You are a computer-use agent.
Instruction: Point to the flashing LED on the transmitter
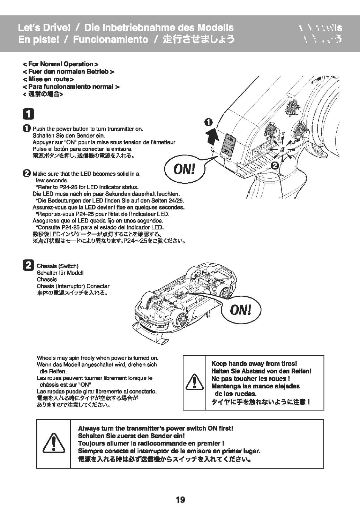coord(282,150)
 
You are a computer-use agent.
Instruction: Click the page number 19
coord(180,500)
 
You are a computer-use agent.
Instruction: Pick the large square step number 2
coord(28,266)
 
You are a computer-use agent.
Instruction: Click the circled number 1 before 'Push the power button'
coord(27,129)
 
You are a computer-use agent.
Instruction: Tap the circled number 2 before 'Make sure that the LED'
coord(27,173)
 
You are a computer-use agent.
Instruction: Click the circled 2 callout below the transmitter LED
coord(275,166)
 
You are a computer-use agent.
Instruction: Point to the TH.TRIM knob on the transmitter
coord(301,132)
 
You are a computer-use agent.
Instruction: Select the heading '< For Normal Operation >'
coord(60,64)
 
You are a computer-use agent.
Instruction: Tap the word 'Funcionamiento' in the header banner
coord(111,39)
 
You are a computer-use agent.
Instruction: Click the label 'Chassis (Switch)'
coord(58,266)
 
